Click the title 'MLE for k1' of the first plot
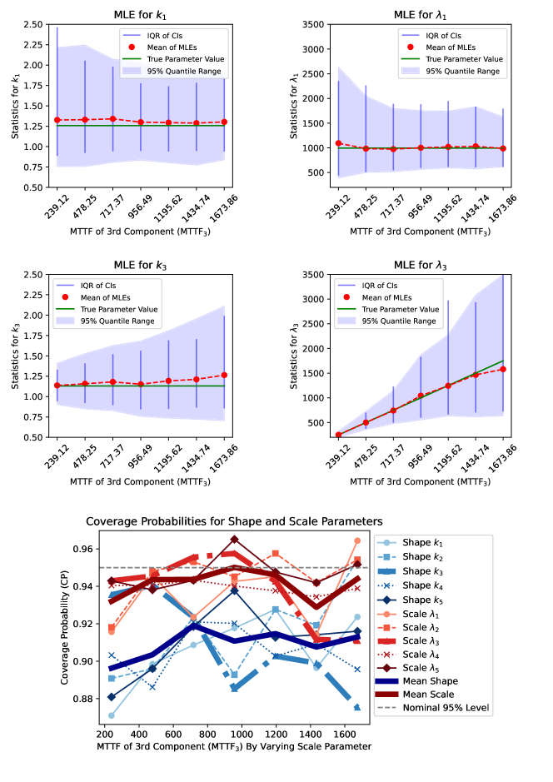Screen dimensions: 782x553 (140, 14)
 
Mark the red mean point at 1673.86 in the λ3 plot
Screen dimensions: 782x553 (504, 369)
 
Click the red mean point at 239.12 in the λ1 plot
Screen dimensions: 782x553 (338, 143)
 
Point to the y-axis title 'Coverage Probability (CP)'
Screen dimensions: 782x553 (65, 630)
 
